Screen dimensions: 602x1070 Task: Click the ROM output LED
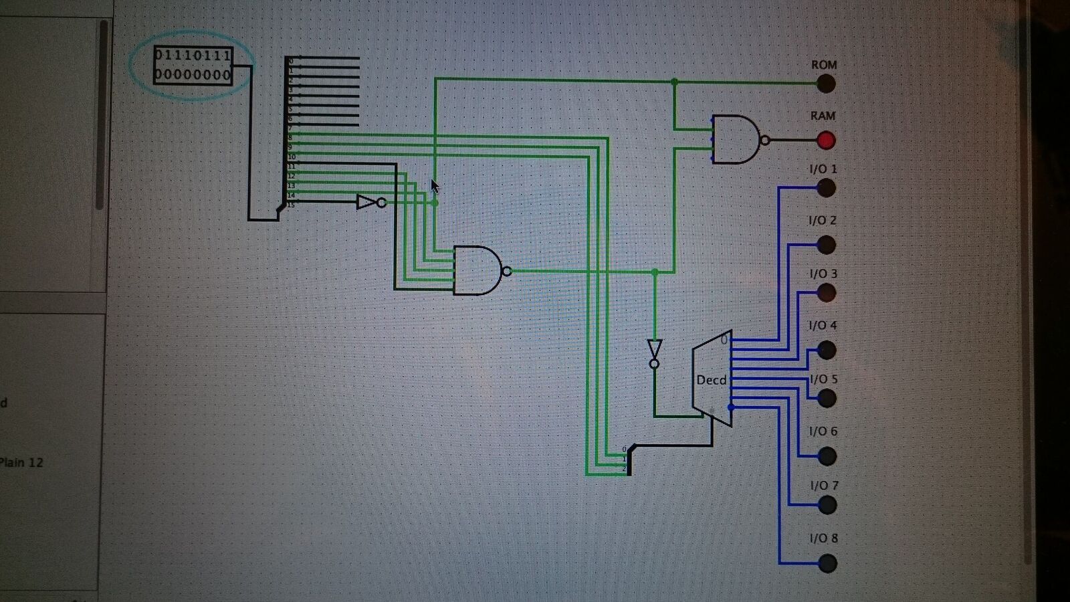826,84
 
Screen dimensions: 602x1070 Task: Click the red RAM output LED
826,140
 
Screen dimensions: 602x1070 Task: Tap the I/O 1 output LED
826,188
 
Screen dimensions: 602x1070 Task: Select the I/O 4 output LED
827,350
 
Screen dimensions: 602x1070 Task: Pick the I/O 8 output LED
827,564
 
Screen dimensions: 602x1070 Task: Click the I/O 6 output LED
827,456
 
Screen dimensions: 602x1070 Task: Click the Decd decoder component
712,379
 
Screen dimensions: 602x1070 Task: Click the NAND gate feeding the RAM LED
736,140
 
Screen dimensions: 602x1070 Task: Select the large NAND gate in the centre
477,270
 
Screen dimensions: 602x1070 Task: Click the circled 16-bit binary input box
193,65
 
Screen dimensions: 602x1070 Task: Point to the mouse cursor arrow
435,186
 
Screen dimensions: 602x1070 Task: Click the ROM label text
824,65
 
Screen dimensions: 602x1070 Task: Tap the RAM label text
823,116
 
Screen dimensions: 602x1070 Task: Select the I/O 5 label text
823,379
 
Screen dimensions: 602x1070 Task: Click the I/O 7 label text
824,485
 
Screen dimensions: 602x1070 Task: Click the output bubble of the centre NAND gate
507,271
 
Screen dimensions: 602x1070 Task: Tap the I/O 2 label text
823,221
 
